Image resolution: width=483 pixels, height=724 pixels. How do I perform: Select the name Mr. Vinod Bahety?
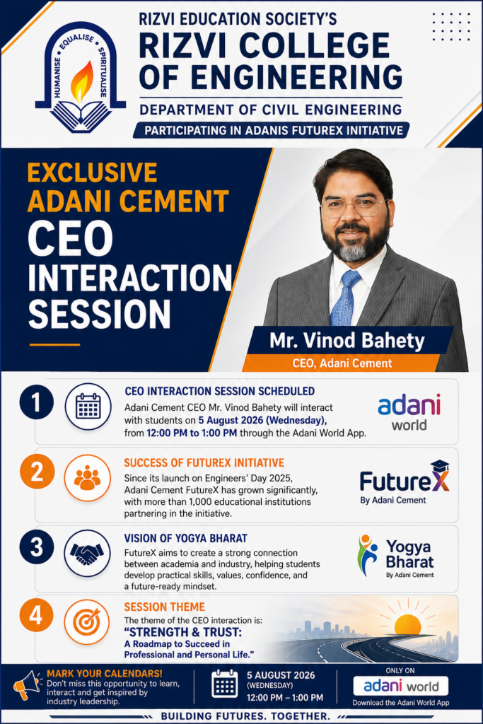(347, 340)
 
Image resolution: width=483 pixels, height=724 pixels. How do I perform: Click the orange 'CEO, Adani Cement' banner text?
(342, 363)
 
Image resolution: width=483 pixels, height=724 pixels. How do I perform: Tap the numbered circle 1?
(37, 402)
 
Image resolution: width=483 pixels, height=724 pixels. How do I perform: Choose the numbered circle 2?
(37, 472)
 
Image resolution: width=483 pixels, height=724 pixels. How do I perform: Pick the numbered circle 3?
(37, 547)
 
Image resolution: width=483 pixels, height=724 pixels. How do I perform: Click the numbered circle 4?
(37, 616)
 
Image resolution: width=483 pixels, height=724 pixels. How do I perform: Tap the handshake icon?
(87, 553)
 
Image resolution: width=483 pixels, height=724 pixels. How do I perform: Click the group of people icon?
(87, 479)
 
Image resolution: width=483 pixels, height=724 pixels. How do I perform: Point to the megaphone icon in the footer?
(27, 685)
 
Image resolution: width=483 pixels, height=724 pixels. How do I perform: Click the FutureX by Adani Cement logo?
(405, 482)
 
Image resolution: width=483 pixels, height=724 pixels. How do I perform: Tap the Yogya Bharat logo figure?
(368, 556)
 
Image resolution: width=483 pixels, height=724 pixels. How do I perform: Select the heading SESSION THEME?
(164, 607)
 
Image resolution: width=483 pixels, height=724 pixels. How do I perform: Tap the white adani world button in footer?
(401, 686)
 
